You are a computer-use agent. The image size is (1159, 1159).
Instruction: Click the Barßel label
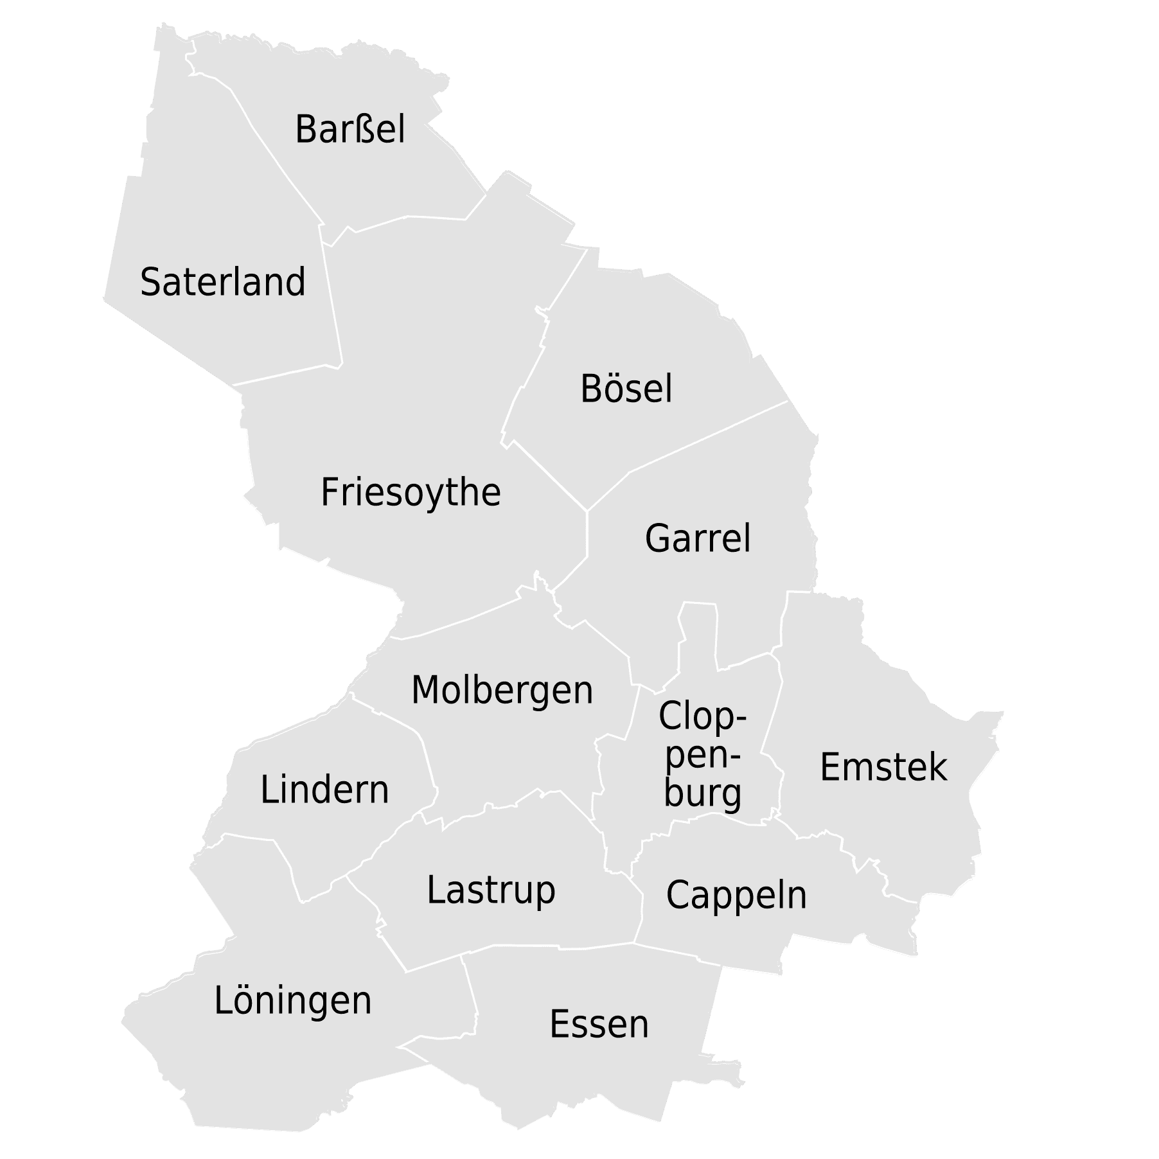coord(350,129)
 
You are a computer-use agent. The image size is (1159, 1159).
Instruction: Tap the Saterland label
coord(222,282)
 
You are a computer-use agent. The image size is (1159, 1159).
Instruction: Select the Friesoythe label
coord(411,493)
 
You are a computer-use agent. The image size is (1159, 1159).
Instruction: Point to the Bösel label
coord(626,389)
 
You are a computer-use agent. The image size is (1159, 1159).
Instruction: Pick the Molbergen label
coord(502,691)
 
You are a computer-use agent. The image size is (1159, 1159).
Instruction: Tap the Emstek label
coord(883,767)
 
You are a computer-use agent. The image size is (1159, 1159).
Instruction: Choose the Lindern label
coord(324,790)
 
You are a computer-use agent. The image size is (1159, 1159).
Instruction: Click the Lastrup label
coord(491,890)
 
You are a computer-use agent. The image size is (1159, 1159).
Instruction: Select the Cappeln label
coord(736,895)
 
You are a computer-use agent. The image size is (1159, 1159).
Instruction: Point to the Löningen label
coord(293,1001)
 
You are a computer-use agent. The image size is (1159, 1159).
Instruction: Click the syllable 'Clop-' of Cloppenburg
coord(702,716)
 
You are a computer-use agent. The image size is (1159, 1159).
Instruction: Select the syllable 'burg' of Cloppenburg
coord(702,793)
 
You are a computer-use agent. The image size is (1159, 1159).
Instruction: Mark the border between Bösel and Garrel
coord(707,437)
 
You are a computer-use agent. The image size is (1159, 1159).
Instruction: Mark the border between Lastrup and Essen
coord(559,947)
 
